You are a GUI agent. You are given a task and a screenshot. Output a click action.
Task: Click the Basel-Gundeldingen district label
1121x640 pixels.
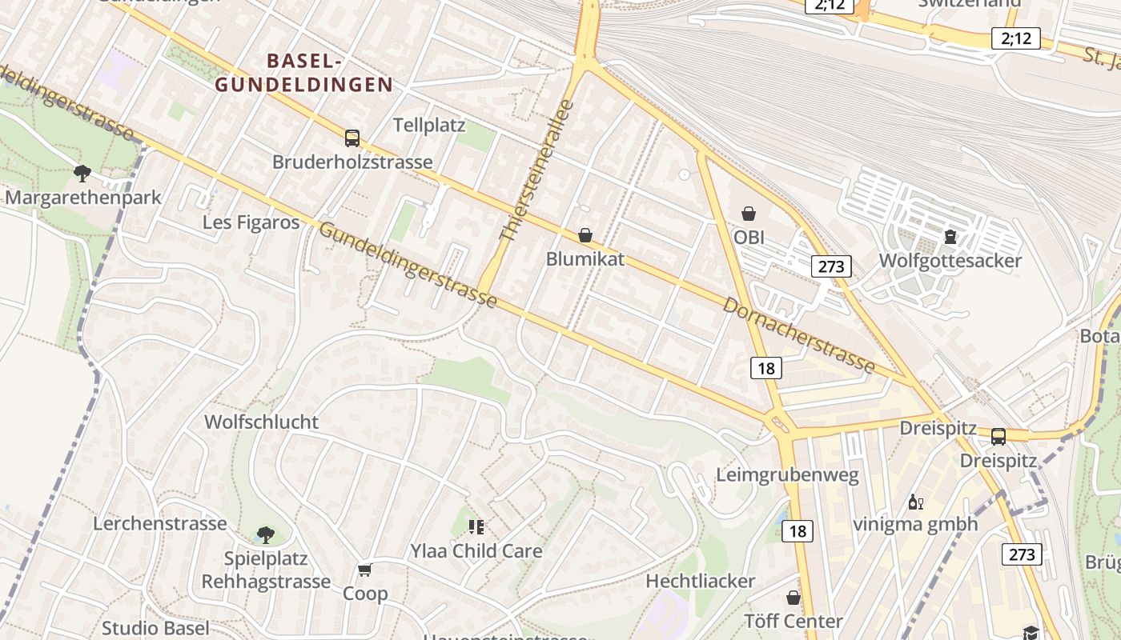304,72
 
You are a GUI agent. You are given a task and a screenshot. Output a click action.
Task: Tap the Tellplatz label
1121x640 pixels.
430,125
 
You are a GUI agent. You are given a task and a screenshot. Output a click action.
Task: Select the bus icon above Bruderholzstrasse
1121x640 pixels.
352,138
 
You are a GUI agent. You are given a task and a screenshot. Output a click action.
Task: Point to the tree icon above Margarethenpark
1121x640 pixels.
82,173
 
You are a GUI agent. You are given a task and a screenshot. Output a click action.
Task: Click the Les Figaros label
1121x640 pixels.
251,222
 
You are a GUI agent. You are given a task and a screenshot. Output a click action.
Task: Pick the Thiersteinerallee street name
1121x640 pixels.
536,171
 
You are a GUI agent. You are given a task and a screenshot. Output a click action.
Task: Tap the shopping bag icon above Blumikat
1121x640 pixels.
585,235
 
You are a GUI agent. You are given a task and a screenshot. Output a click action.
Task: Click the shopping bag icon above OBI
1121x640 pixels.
749,214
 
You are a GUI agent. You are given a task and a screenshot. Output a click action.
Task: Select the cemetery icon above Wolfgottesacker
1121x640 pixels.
950,237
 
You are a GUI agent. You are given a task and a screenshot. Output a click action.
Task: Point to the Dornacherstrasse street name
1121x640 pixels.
798,334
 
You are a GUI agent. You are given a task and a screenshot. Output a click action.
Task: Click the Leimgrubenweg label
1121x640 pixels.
787,475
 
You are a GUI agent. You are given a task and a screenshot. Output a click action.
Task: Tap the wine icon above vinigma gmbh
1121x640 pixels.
916,502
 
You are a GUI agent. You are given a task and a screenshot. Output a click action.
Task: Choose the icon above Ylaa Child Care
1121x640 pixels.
476,526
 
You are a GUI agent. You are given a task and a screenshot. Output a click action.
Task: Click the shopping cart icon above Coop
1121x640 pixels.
365,570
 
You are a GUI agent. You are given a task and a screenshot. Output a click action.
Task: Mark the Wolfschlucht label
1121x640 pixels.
261,422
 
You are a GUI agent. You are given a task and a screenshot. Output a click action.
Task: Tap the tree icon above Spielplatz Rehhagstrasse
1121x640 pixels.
266,534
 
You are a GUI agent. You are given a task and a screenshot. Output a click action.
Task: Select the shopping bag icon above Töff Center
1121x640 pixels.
793,598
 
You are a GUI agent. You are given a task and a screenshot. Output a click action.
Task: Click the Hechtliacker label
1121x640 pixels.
700,581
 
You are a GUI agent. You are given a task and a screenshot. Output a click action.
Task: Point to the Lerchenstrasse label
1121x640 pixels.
160,523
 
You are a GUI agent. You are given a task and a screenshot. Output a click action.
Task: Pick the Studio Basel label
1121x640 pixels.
155,628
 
